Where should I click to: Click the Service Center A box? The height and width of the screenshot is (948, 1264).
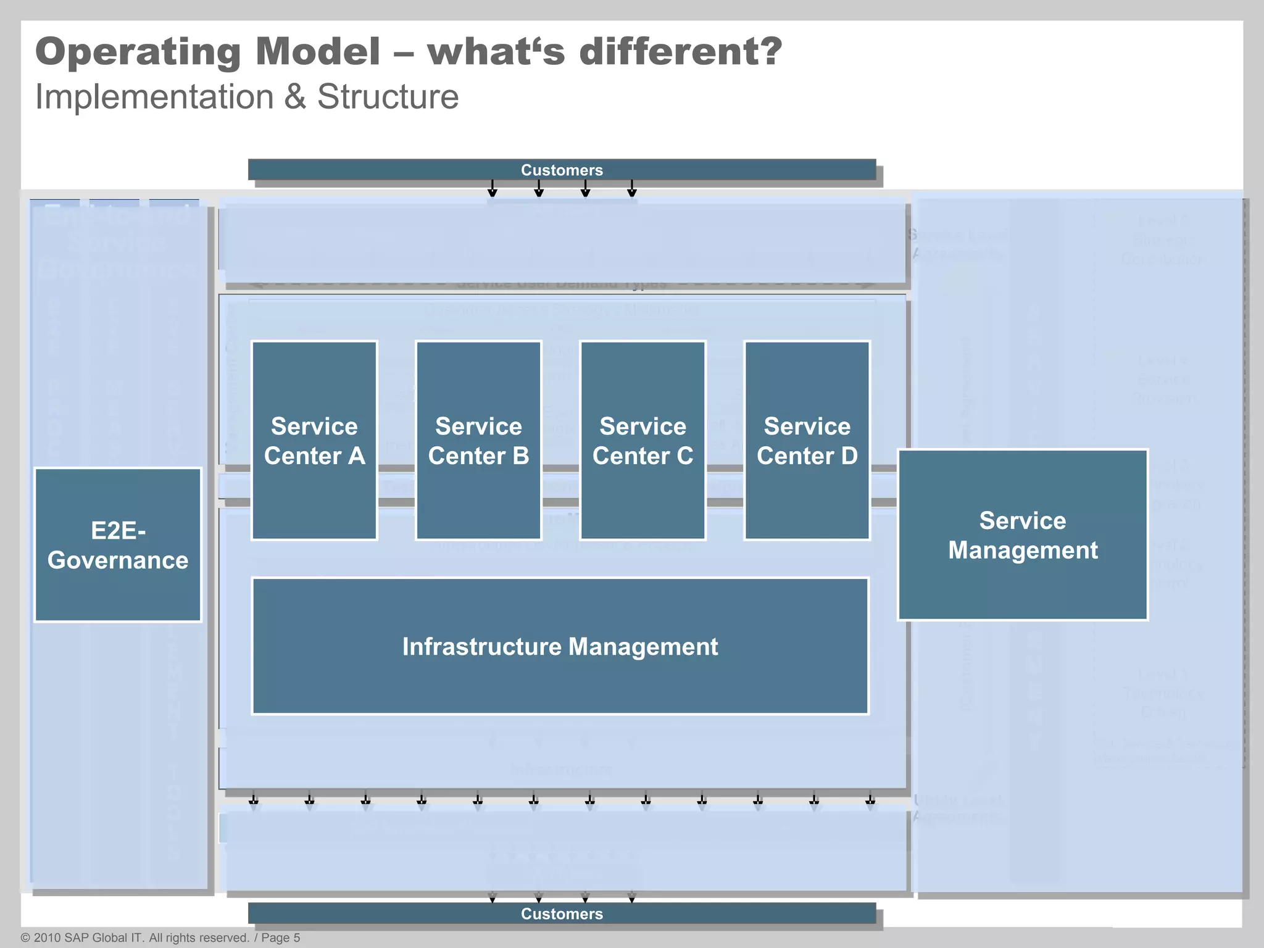(x=314, y=440)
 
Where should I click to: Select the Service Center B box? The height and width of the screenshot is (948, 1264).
(x=478, y=440)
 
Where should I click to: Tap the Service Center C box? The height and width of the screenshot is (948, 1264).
(x=642, y=440)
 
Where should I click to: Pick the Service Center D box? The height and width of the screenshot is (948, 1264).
(x=807, y=440)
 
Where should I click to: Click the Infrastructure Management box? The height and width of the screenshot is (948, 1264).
(x=560, y=646)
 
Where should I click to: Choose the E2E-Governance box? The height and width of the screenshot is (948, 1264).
(x=118, y=545)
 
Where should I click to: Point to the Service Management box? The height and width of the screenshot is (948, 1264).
(x=1022, y=534)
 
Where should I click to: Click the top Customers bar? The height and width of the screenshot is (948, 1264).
(x=562, y=170)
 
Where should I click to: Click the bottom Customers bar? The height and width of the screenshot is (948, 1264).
(x=562, y=913)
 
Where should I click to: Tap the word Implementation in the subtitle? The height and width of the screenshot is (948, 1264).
(x=154, y=98)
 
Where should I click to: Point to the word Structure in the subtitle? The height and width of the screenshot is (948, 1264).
(x=388, y=97)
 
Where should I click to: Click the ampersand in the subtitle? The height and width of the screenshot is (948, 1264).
(x=295, y=98)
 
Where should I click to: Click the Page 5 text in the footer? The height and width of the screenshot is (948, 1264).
(x=280, y=938)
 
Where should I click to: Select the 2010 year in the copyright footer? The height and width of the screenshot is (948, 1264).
(x=47, y=938)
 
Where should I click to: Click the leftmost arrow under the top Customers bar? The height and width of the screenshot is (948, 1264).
(x=493, y=188)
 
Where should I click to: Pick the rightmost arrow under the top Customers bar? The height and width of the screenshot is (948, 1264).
(x=631, y=188)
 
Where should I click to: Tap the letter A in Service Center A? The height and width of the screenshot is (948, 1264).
(x=357, y=456)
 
